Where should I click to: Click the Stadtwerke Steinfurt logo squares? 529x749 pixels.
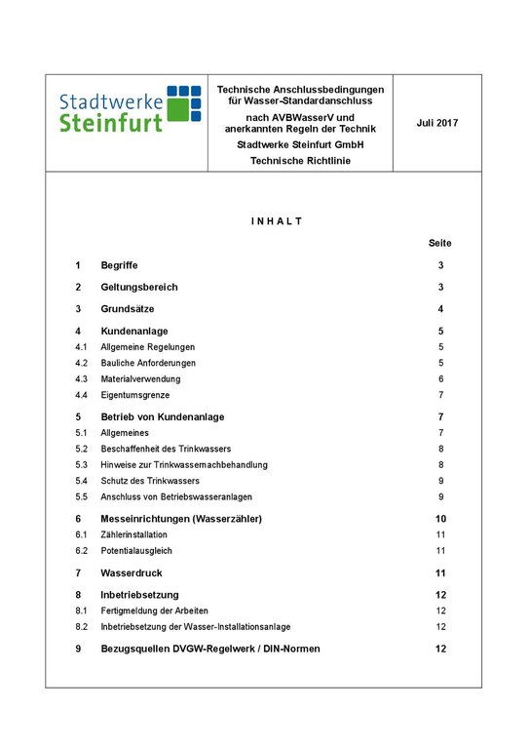click(x=183, y=103)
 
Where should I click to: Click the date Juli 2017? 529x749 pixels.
click(x=436, y=123)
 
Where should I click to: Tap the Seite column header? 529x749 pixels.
click(x=439, y=243)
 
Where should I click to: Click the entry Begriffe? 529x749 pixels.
click(x=122, y=265)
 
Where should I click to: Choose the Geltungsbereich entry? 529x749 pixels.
click(x=139, y=287)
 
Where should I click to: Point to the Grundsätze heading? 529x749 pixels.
click(x=129, y=309)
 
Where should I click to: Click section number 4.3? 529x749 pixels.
click(x=82, y=378)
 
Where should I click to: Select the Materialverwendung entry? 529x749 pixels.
click(x=140, y=378)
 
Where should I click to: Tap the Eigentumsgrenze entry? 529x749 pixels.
click(x=135, y=395)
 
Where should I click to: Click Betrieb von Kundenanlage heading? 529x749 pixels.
click(x=163, y=416)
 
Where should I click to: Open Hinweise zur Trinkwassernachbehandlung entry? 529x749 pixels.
click(x=184, y=465)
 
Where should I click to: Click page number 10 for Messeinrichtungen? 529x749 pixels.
click(x=440, y=519)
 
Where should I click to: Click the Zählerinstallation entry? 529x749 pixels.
click(x=134, y=534)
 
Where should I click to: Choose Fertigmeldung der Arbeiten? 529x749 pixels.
click(x=154, y=611)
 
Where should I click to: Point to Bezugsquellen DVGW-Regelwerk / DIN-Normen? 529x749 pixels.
click(x=210, y=649)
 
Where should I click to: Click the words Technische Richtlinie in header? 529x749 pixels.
click(x=300, y=161)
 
